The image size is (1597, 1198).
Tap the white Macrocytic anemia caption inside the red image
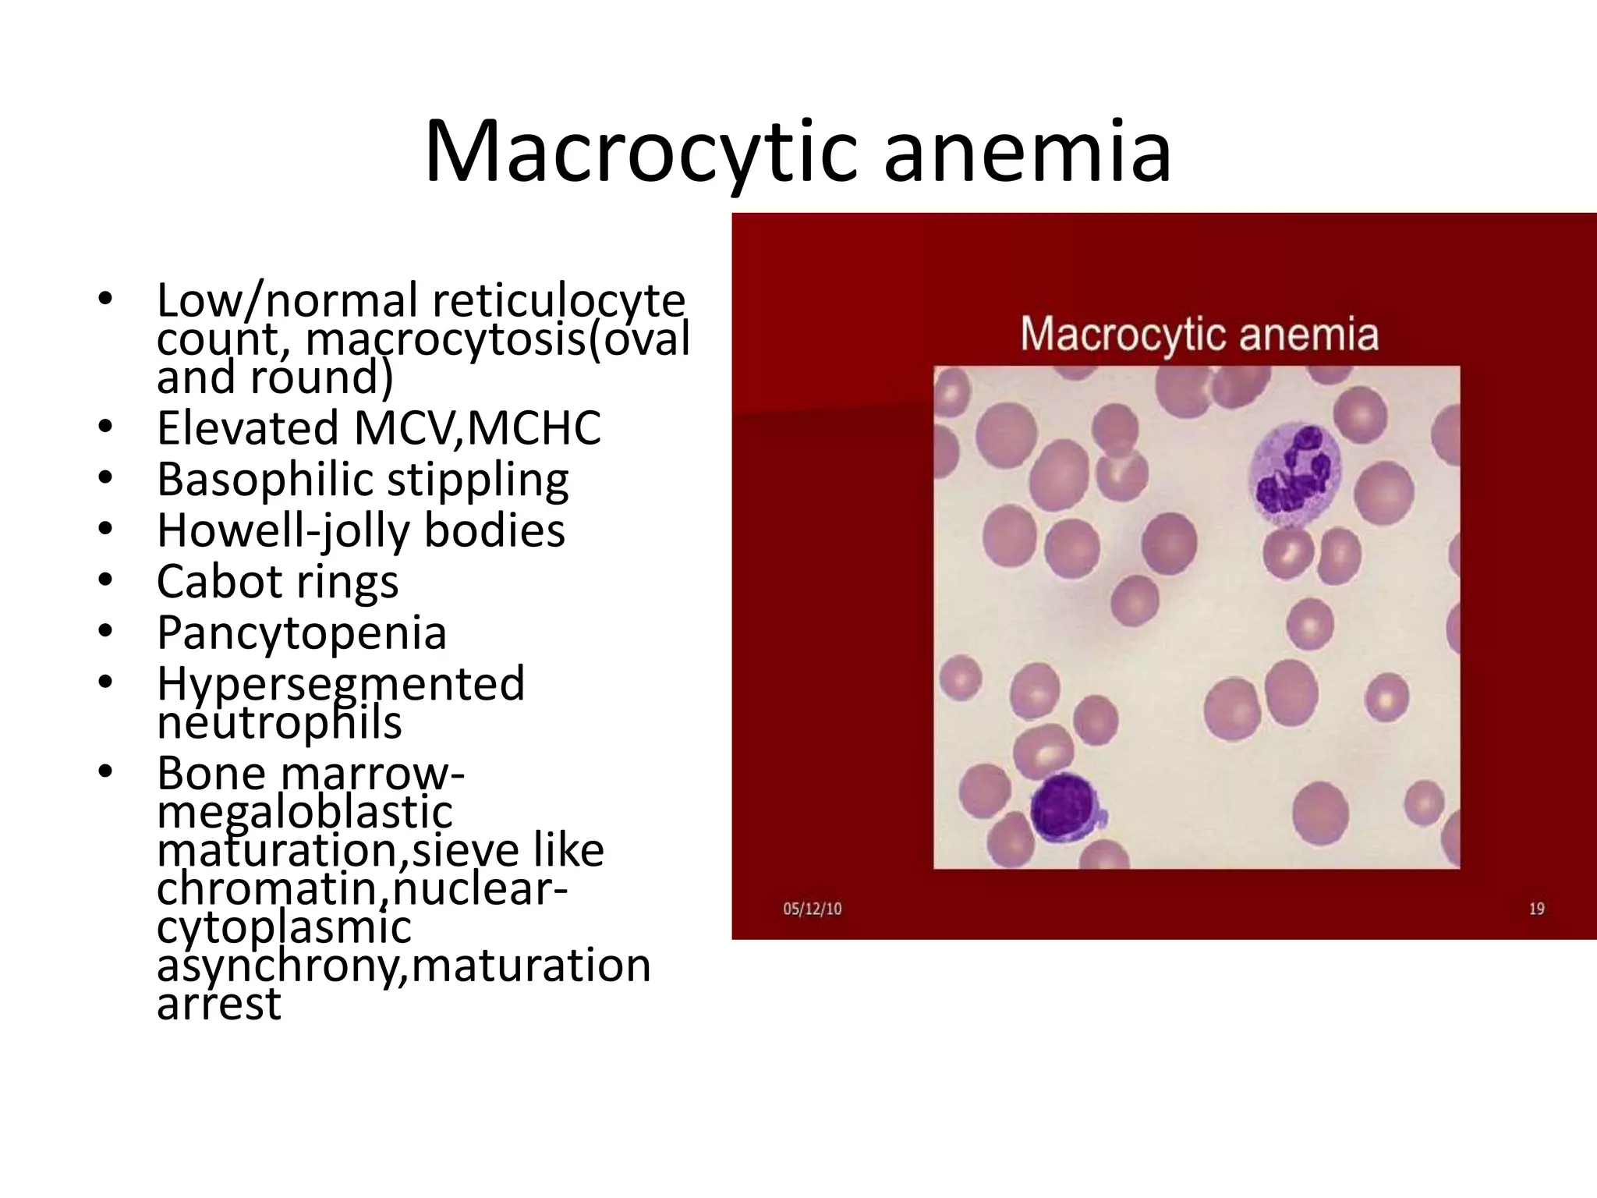pyautogui.click(x=1199, y=335)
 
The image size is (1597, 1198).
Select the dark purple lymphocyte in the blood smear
pyautogui.click(x=1064, y=807)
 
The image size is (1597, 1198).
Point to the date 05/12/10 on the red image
pyautogui.click(x=812, y=909)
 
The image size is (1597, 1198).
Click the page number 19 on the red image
pyautogui.click(x=1536, y=909)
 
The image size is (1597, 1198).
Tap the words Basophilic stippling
pyautogui.click(x=363, y=480)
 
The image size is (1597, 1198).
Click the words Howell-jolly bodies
pyautogui.click(x=360, y=530)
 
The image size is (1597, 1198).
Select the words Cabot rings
pyautogui.click(x=277, y=582)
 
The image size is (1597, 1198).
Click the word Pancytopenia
pyautogui.click(x=301, y=633)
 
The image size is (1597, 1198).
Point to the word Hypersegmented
pyautogui.click(x=341, y=684)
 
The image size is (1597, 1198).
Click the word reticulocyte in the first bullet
pyautogui.click(x=558, y=300)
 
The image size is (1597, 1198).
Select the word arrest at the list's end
pyautogui.click(x=218, y=1005)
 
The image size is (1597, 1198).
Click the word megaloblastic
pyautogui.click(x=304, y=813)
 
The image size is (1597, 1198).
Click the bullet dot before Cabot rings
pyautogui.click(x=105, y=581)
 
